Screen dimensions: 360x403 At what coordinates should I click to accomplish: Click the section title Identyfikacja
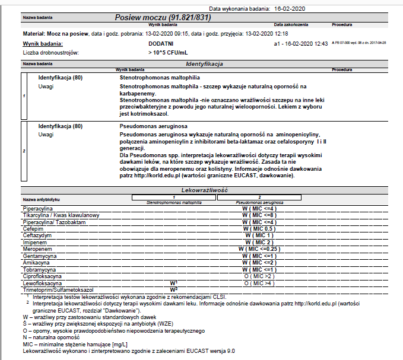pos(204,63)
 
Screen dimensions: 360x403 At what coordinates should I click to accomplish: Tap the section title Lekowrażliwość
pos(205,190)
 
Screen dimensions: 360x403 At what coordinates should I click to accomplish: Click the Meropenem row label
pos(37,249)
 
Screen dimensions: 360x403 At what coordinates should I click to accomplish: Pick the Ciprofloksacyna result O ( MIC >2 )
pos(259,276)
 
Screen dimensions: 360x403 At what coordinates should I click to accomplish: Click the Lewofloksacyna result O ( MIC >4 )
pos(259,283)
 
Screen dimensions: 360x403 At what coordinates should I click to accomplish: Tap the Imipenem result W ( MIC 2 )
pos(259,242)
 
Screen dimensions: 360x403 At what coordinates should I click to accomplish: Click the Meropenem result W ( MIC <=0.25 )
pos(259,249)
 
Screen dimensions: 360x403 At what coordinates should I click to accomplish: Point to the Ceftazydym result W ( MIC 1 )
pos(259,235)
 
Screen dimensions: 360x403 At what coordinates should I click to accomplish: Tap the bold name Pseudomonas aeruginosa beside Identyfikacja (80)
pos(154,126)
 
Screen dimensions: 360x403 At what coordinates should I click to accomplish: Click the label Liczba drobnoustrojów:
pos(50,53)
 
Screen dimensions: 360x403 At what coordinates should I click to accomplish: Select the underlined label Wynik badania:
pos(42,44)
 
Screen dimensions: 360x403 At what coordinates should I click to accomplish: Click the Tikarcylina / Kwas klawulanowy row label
pos(61,215)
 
